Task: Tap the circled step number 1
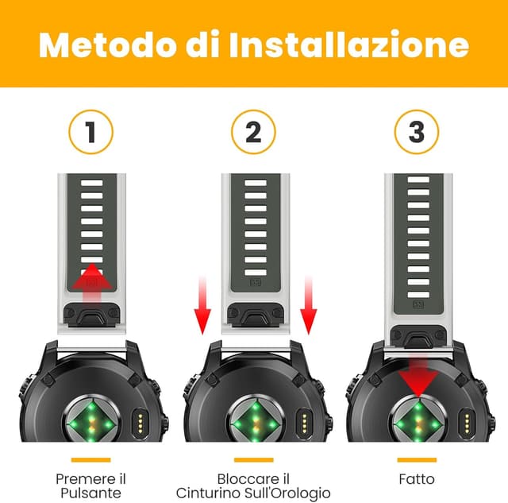tap(90, 132)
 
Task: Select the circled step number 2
tap(253, 132)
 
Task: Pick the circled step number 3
tap(416, 132)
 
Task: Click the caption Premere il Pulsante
tap(90, 486)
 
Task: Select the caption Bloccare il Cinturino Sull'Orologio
tap(253, 486)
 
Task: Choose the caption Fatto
tap(417, 479)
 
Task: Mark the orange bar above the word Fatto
tap(417, 459)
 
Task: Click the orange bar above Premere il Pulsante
tap(90, 459)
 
